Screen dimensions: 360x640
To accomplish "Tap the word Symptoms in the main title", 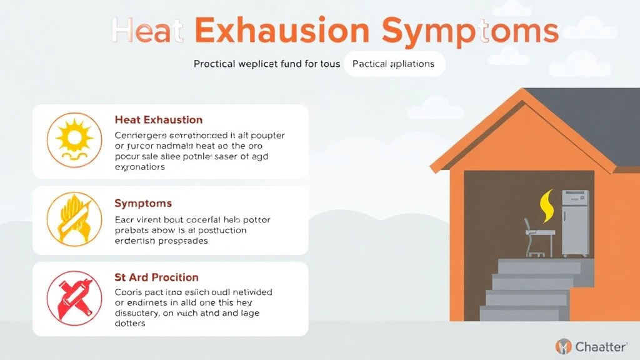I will (x=469, y=31).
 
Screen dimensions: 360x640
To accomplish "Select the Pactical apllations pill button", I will (x=394, y=64).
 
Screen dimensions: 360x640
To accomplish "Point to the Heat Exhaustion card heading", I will (x=159, y=119).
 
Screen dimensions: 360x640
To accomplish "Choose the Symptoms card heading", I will (x=143, y=204).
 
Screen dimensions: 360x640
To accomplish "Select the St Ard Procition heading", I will (x=156, y=277).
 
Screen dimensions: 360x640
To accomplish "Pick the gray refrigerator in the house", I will (x=575, y=222).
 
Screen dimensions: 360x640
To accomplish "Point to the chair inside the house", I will (x=533, y=237).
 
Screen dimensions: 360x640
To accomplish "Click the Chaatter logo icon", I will (x=563, y=346).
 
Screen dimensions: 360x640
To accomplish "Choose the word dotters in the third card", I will (x=131, y=323).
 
